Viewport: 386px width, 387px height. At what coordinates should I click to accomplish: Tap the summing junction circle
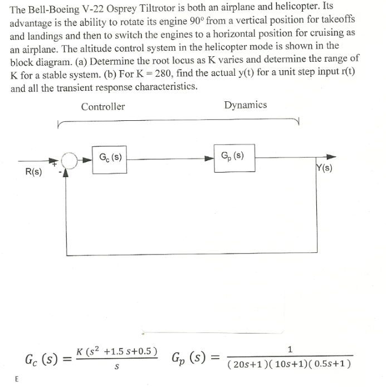coord(69,160)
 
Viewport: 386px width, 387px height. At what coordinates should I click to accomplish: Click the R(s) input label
coord(33,172)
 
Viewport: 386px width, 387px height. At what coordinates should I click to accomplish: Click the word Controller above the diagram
coord(103,107)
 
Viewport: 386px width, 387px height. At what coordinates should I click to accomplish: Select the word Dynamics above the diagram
coord(245,105)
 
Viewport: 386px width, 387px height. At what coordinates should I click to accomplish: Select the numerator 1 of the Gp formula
coord(290,350)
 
